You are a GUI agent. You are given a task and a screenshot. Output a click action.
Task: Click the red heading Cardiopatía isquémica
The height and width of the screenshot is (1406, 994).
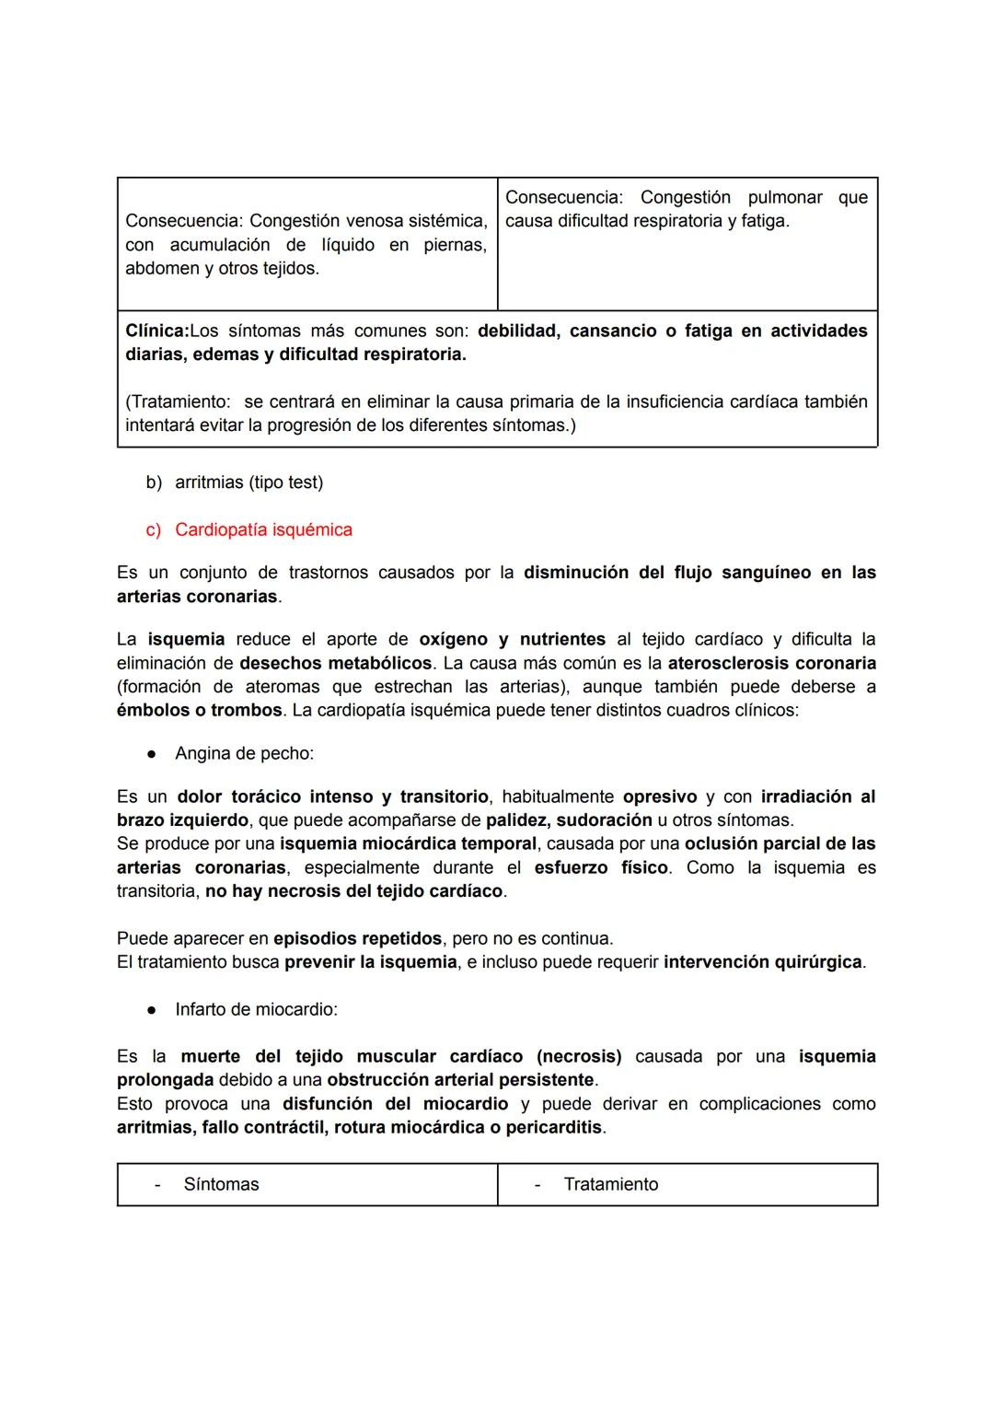(263, 530)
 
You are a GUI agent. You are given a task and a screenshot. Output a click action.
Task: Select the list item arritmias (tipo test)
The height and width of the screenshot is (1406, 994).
(248, 482)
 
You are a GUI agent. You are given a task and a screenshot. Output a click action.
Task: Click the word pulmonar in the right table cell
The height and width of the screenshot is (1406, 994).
(785, 198)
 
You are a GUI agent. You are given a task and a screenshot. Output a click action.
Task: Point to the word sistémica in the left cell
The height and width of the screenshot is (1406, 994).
(446, 222)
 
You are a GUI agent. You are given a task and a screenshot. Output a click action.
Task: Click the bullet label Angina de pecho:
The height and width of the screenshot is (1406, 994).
(244, 754)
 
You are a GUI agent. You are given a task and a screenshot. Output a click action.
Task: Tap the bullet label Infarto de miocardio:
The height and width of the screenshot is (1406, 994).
(256, 1010)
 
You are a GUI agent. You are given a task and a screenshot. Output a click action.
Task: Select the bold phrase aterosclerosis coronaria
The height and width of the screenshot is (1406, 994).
(771, 664)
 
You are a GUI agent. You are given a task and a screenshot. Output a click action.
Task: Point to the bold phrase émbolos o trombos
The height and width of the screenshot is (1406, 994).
(199, 711)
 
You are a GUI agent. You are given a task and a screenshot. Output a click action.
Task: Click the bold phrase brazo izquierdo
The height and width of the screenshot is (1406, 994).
(182, 820)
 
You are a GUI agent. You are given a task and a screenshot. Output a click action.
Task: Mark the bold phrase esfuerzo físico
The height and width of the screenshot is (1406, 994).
(601, 868)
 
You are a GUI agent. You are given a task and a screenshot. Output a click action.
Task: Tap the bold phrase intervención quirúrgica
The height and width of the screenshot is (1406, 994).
(762, 963)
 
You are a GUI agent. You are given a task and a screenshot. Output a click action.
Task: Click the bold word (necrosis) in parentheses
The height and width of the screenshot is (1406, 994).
(579, 1057)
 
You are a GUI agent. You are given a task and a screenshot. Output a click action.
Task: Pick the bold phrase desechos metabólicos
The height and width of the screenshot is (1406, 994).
(335, 664)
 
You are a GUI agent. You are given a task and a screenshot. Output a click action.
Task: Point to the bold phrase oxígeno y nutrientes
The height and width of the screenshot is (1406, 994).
(512, 640)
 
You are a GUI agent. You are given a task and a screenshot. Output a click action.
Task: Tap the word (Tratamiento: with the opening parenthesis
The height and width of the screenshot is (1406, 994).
(177, 402)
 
